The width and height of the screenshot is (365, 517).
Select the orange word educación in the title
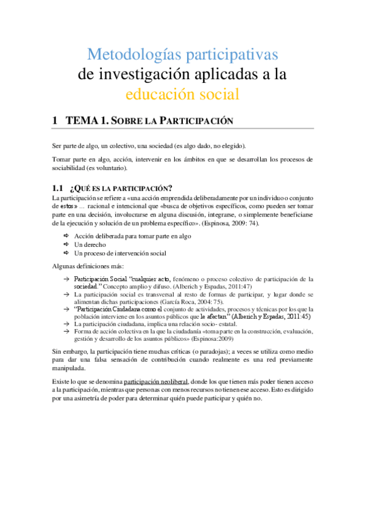160,94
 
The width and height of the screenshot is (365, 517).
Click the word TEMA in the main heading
83,121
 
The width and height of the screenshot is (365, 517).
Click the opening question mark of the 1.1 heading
73,187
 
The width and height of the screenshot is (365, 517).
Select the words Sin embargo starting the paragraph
69,352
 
